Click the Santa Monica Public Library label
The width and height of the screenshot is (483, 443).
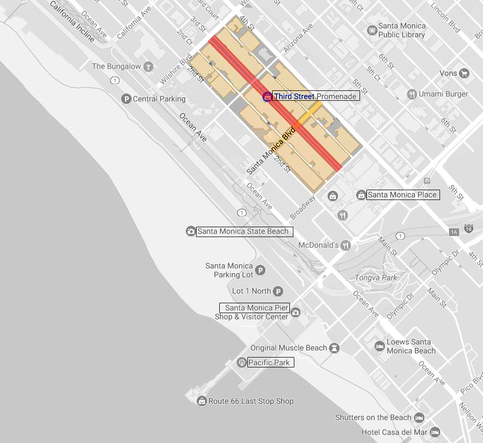pyautogui.click(x=401, y=31)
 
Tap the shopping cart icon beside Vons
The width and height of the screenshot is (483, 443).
pyautogui.click(x=464, y=74)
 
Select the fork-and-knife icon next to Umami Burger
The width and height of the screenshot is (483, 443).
pyautogui.click(x=411, y=94)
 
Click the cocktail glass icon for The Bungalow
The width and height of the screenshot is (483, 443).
pyautogui.click(x=148, y=66)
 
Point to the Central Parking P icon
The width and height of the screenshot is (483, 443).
pyautogui.click(x=126, y=99)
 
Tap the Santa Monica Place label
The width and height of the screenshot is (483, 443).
pyautogui.click(x=402, y=195)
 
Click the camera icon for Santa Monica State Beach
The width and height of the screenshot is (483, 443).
pyautogui.click(x=191, y=231)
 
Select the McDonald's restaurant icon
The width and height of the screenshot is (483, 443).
pyautogui.click(x=346, y=245)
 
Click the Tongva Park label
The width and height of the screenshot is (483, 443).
pyautogui.click(x=376, y=278)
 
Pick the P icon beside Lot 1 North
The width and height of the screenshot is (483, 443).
pyautogui.click(x=279, y=291)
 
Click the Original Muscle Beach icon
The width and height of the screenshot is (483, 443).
pyautogui.click(x=335, y=348)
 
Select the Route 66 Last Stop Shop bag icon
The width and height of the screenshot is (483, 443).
pyautogui.click(x=201, y=401)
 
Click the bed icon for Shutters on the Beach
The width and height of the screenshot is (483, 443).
pyautogui.click(x=419, y=417)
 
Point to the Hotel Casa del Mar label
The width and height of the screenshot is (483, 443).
pyautogui.click(x=395, y=432)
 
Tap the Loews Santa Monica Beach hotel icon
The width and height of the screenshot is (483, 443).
pyautogui.click(x=379, y=346)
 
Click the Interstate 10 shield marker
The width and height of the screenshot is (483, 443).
pyautogui.click(x=468, y=228)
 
